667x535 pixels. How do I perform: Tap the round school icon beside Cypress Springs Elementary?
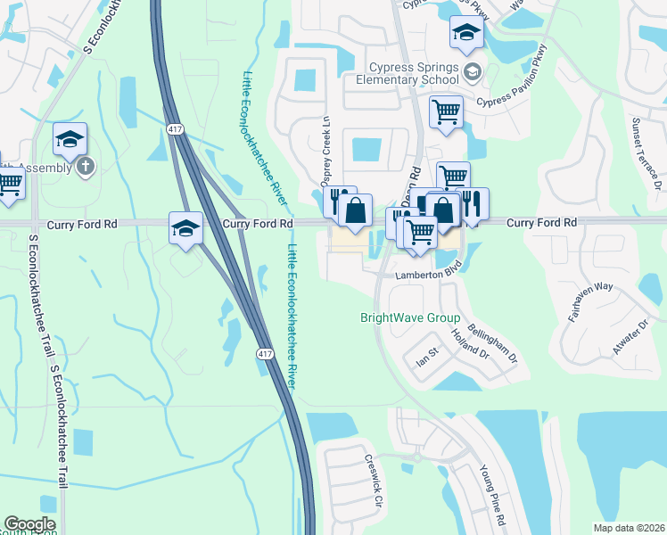pos(473,71)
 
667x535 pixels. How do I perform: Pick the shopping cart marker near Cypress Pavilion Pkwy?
pos(446,112)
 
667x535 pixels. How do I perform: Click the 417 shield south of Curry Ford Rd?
pos(265,354)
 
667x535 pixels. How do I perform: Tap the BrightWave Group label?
pos(409,318)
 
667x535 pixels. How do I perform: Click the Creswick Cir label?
pos(373,482)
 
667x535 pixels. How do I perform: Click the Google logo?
pos(29,524)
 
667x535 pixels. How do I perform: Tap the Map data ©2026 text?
pos(629,528)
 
